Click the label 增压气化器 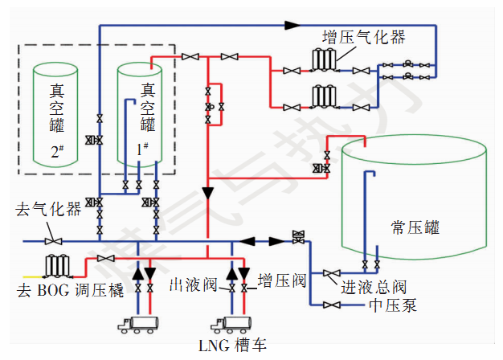point(364,37)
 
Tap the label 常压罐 point(415,227)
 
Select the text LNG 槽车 point(232,346)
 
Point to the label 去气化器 point(48,209)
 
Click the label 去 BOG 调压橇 point(70,290)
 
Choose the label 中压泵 point(393,305)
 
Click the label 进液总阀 point(374,287)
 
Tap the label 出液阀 point(194,284)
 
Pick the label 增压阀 point(282,280)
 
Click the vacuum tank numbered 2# point(55,115)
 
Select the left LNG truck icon point(138,325)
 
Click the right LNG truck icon point(231,325)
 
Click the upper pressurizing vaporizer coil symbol point(324,59)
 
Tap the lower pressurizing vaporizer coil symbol point(324,96)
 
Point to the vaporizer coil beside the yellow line point(57,266)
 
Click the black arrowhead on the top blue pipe point(292,25)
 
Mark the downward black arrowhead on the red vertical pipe point(208,194)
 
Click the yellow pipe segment point(33,276)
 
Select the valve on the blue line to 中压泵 point(332,305)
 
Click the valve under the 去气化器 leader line point(53,241)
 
